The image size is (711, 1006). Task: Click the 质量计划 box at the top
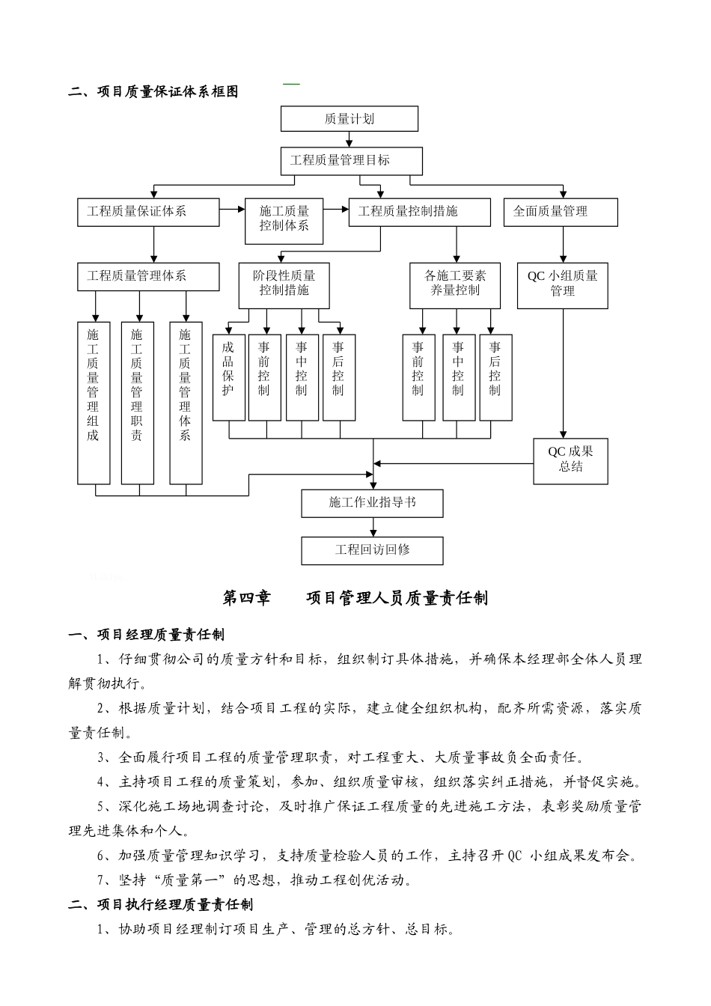349,119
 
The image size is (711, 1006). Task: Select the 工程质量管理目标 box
351,160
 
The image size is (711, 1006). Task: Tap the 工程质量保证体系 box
148,212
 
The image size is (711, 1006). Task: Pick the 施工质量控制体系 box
284,219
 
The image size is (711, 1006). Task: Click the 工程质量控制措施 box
419,212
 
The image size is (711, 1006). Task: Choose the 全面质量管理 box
561,212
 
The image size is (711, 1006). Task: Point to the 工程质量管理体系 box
148,276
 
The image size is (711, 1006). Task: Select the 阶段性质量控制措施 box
284,284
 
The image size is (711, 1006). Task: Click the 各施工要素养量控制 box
454,284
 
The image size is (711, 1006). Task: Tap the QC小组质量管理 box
562,284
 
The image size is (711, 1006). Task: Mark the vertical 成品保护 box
228,377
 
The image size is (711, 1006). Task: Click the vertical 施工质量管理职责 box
137,403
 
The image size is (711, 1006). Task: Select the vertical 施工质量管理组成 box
94,403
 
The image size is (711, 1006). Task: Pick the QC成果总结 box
570,460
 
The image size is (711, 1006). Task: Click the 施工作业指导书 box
372,503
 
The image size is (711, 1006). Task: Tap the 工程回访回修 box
372,550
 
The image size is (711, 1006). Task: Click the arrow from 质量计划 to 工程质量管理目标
350,139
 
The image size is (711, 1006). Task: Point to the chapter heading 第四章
246,597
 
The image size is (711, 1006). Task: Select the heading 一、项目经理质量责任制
146,635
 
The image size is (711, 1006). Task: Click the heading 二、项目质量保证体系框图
153,92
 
